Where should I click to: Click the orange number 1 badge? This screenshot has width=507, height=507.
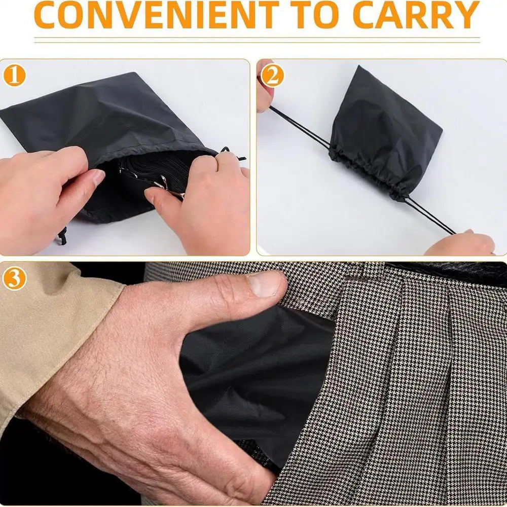[14, 76]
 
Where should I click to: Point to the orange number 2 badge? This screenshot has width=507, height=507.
[272, 76]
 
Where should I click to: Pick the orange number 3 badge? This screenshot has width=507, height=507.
[14, 279]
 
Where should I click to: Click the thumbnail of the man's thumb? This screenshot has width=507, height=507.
[264, 284]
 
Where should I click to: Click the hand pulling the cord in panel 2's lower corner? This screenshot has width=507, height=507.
[459, 242]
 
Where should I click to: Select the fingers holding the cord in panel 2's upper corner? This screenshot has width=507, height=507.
[265, 87]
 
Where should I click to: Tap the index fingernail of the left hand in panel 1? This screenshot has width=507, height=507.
[98, 177]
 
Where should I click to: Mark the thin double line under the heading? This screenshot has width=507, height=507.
[257, 40]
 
